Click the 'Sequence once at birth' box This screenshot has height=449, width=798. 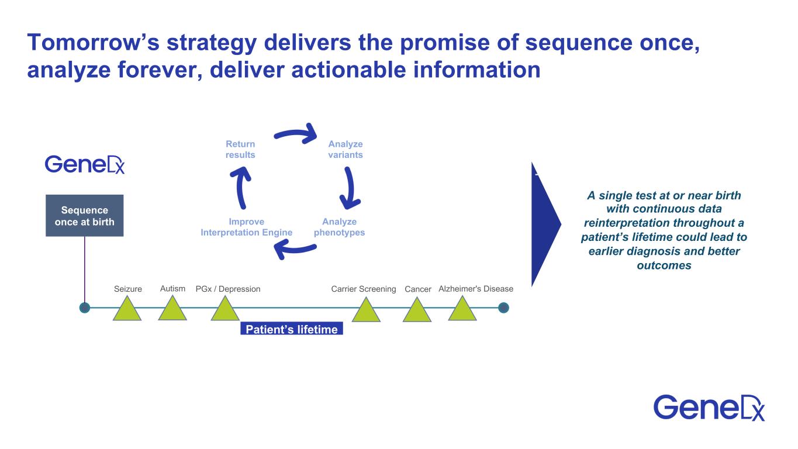(84, 216)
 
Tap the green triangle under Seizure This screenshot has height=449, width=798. (127, 310)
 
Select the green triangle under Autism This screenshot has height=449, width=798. (172, 309)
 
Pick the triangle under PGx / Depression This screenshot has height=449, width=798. (225, 310)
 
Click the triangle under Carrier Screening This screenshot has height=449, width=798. (366, 311)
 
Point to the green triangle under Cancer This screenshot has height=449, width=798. (417, 311)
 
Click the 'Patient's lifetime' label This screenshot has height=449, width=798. (291, 329)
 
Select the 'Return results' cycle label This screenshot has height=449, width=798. (240, 150)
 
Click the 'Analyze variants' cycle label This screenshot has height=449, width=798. (346, 150)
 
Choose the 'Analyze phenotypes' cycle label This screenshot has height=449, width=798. (339, 227)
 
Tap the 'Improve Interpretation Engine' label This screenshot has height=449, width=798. (246, 227)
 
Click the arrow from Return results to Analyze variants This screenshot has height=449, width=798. (295, 135)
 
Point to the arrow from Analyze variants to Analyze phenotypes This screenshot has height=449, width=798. (350, 188)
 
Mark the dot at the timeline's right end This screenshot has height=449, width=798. (504, 308)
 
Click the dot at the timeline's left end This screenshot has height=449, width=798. (85, 308)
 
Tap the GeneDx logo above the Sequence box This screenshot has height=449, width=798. (85, 164)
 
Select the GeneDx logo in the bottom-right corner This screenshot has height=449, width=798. (709, 407)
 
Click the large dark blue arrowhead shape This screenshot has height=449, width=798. (544, 224)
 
